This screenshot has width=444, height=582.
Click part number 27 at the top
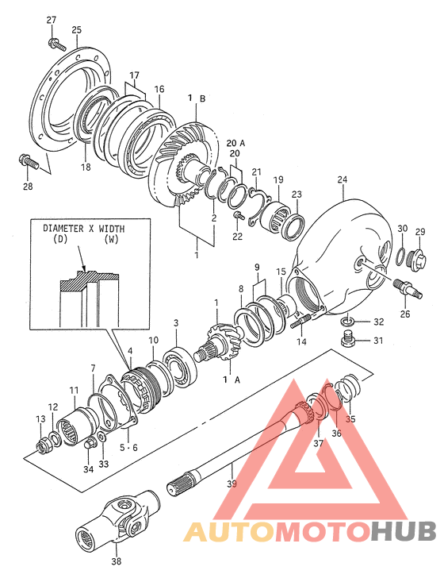[52, 20]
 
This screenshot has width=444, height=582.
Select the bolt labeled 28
[29, 161]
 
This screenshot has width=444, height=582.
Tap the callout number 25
[76, 31]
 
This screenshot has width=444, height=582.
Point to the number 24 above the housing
[342, 181]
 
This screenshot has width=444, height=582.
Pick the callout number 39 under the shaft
[232, 484]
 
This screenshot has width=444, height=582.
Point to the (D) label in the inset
[58, 239]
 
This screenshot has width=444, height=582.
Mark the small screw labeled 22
[238, 215]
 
